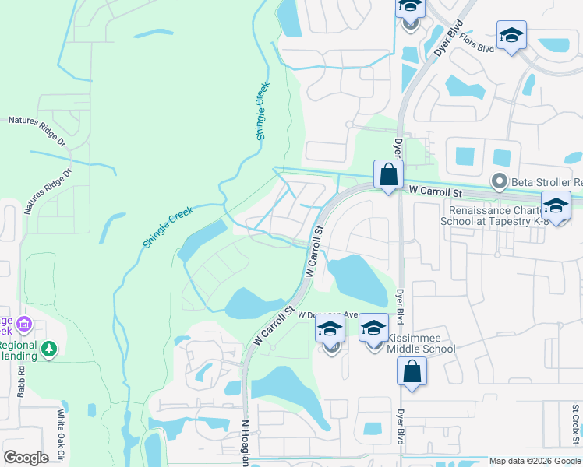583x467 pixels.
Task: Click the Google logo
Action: pyautogui.click(x=26, y=458)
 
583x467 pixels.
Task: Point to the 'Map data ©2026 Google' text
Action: pyautogui.click(x=534, y=461)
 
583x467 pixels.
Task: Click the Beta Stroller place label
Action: pyautogui.click(x=546, y=182)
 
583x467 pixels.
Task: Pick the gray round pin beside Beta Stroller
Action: pyautogui.click(x=500, y=182)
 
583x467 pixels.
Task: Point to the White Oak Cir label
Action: pyautogui.click(x=62, y=436)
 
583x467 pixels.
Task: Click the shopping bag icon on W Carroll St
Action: pyautogui.click(x=388, y=175)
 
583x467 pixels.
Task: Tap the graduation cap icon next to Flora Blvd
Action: pyautogui.click(x=511, y=36)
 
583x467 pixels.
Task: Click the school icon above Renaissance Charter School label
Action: pyautogui.click(x=556, y=206)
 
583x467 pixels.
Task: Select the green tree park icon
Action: pyautogui.click(x=50, y=349)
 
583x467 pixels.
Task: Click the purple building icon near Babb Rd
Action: pyautogui.click(x=24, y=323)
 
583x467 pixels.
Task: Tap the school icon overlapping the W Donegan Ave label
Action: pyautogui.click(x=330, y=328)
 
